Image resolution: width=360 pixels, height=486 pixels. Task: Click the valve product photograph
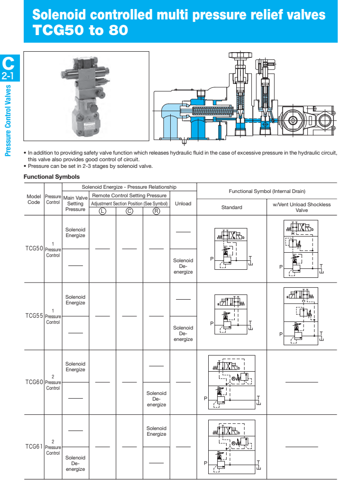(86, 96)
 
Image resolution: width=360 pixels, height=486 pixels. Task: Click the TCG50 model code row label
(34, 248)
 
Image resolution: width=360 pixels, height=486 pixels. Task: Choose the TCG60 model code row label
(34, 382)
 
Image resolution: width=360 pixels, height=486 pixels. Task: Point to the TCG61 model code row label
(34, 447)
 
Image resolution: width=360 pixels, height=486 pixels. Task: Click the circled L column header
(102, 211)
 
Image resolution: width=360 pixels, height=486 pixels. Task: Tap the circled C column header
(129, 211)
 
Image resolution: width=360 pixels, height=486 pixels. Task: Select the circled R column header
(156, 211)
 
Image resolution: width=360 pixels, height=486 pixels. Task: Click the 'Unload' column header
(183, 203)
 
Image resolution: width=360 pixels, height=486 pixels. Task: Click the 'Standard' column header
(231, 207)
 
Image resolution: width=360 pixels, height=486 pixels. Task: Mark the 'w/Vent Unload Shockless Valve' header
(302, 207)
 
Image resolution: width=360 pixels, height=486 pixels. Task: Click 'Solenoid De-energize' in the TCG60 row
(156, 399)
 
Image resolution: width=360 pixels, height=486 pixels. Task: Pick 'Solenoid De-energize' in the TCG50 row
(183, 266)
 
